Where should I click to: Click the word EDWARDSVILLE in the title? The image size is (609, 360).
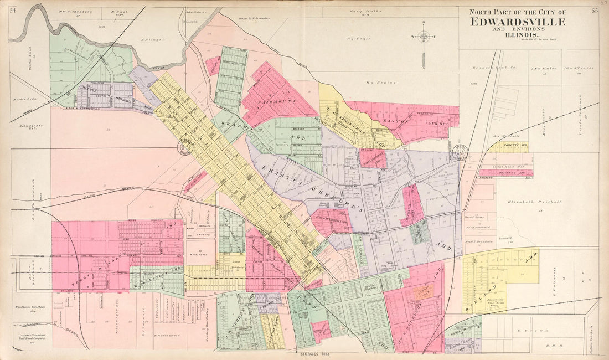(518, 22)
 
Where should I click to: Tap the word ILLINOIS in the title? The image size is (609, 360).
(518, 34)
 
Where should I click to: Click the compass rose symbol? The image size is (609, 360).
(424, 37)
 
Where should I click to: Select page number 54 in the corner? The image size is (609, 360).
(13, 10)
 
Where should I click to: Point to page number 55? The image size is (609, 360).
(594, 10)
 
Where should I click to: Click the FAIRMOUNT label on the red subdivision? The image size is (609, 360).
(278, 101)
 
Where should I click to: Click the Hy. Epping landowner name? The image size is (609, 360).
(382, 83)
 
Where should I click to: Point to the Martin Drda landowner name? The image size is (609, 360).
(24, 99)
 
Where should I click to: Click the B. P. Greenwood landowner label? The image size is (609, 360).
(164, 335)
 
